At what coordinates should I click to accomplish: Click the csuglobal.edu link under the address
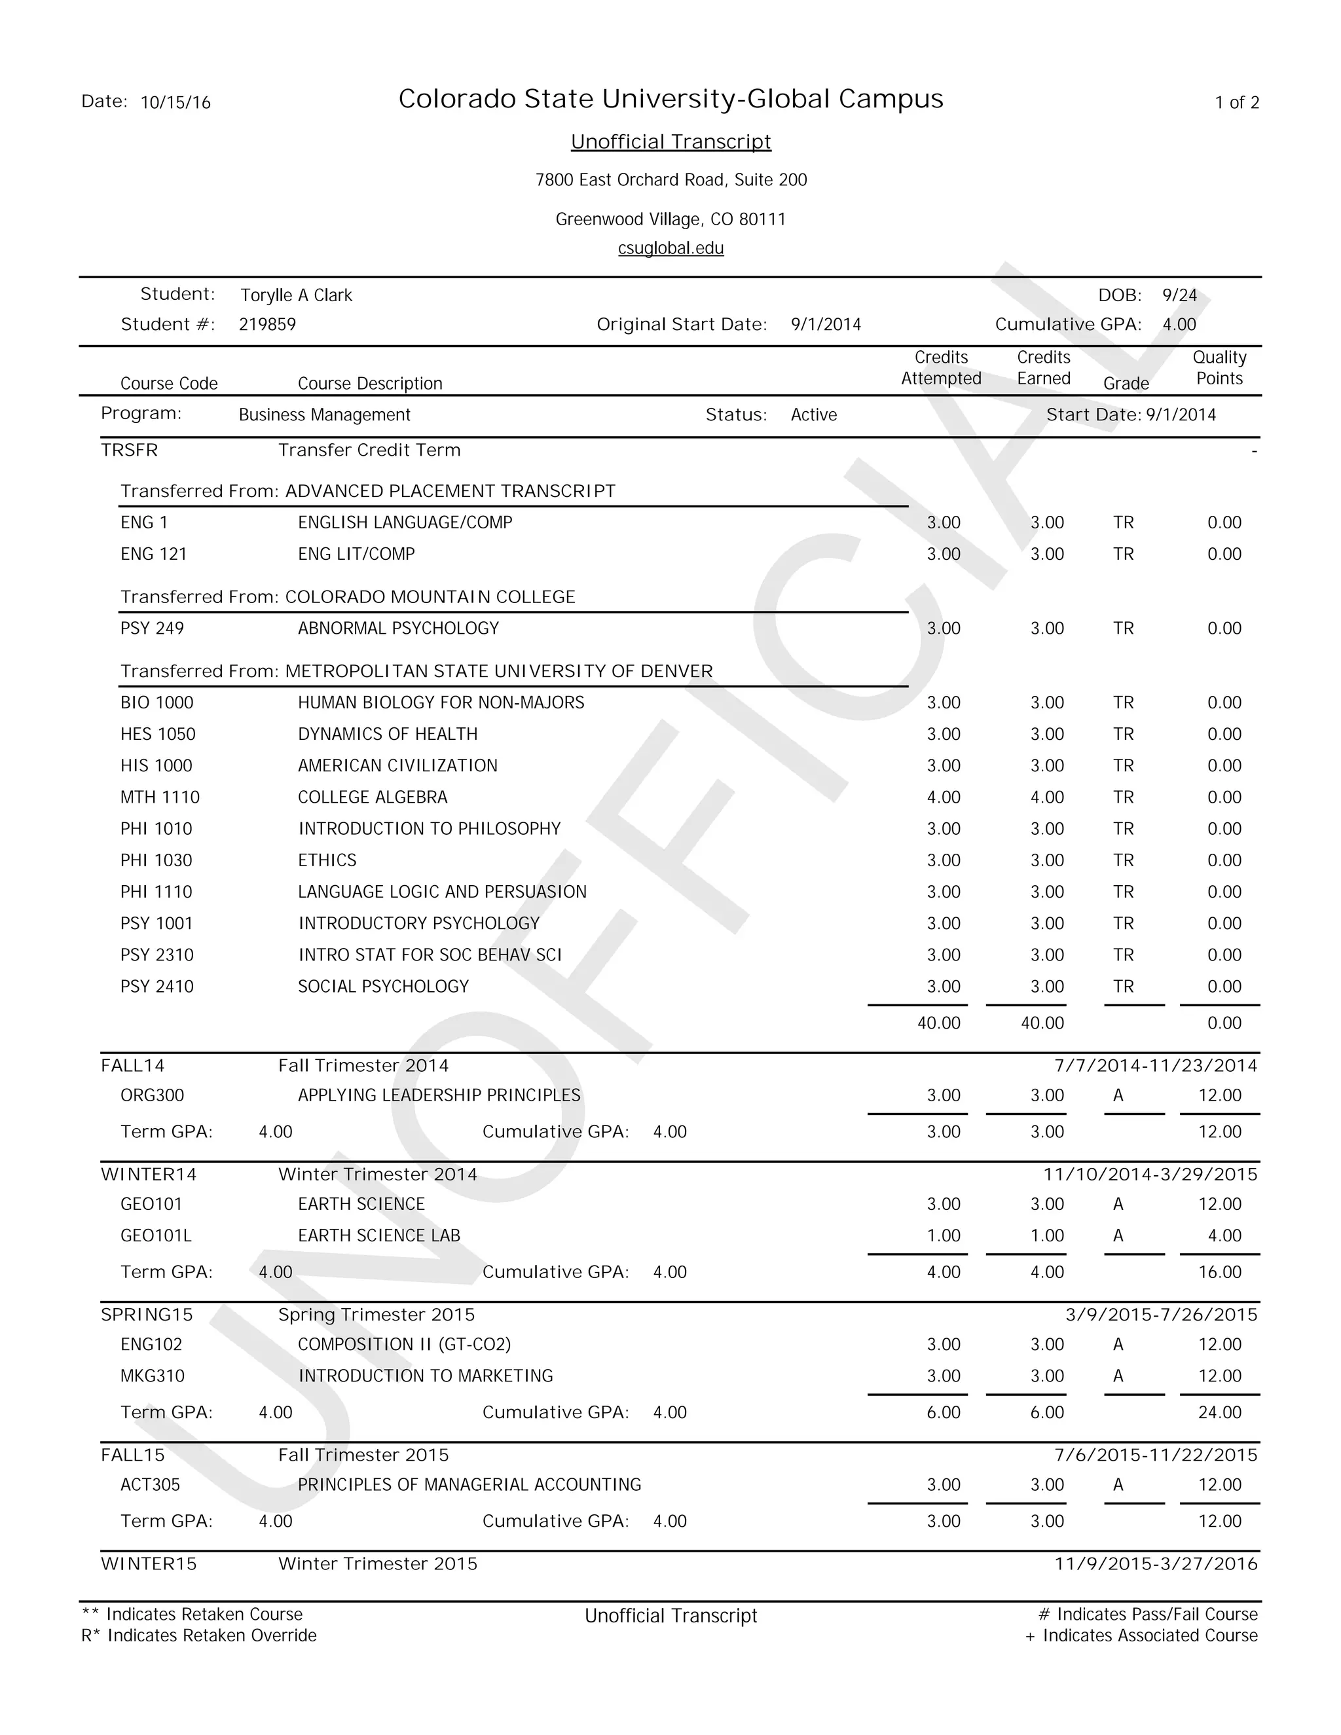670,249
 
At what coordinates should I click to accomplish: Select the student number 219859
267,325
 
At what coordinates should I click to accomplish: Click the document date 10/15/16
175,103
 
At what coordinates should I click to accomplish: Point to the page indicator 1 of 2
1236,103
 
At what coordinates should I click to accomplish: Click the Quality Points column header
1219,368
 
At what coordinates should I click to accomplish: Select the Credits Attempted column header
941,368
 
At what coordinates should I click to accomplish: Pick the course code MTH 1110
160,797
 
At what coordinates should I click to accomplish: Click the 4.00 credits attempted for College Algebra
943,797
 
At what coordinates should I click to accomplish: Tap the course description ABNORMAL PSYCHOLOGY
398,629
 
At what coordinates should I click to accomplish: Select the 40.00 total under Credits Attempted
938,1023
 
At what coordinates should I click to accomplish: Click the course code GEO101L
156,1235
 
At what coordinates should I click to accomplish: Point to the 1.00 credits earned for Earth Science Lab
1046,1235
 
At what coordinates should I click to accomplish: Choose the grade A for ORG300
1118,1095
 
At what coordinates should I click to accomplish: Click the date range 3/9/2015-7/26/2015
1161,1315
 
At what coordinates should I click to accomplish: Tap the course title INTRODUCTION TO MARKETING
425,1376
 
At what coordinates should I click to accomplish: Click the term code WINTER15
149,1564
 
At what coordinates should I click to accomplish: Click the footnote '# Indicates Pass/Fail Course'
1147,1615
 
